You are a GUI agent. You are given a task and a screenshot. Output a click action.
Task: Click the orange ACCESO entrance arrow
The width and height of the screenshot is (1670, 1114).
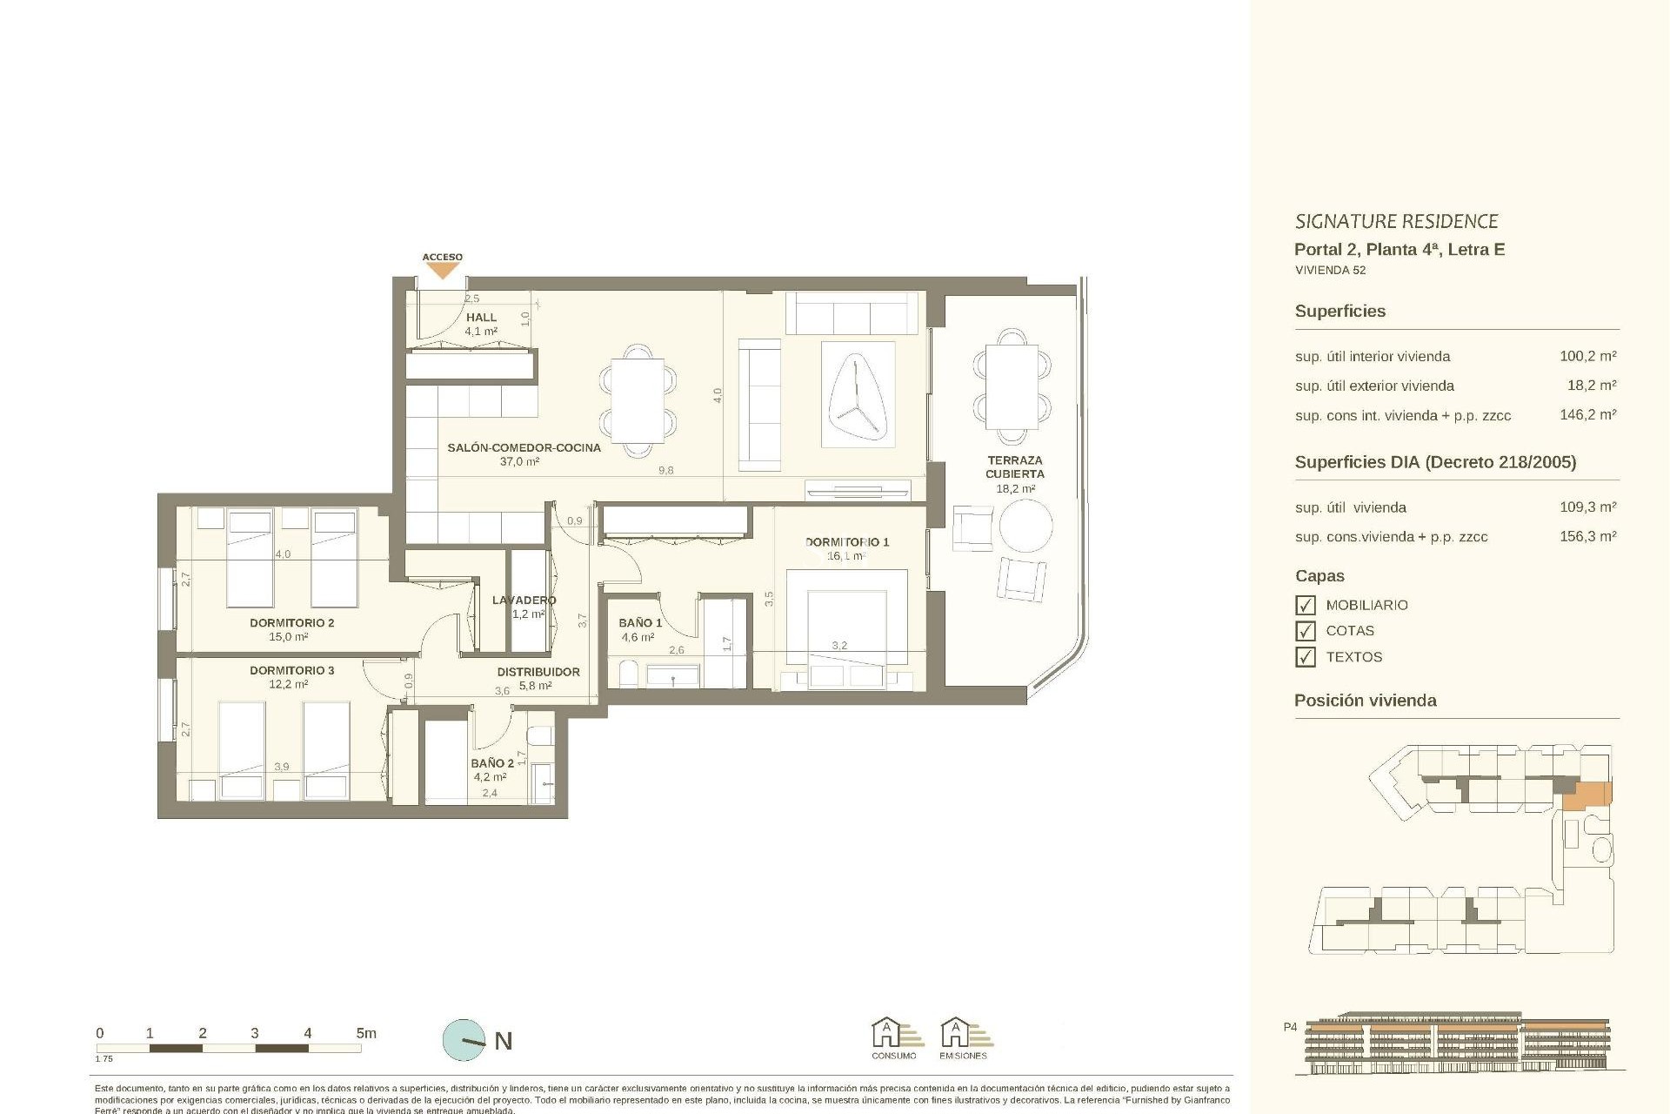coord(443,271)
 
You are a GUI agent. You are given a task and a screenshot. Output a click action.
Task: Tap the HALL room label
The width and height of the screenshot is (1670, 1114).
coord(481,318)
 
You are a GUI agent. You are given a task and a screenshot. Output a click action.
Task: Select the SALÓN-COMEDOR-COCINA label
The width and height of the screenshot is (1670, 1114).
coord(524,448)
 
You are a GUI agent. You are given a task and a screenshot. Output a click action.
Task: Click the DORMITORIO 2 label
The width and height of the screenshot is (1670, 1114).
coord(291,623)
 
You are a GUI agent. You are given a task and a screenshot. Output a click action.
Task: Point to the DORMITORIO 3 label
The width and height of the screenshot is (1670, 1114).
coord(291,671)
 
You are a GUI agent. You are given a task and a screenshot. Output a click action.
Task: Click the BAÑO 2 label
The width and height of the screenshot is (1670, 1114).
coord(492,763)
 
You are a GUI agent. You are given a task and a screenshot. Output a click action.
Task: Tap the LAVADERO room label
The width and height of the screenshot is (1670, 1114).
coord(524,601)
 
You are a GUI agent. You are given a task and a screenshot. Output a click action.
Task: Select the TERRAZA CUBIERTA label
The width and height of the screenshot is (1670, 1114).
coord(1014,467)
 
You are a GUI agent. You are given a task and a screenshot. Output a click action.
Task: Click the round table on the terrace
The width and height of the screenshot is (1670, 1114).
coord(1025,526)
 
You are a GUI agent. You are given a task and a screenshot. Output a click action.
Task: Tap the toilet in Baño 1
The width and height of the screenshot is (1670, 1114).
coord(627,674)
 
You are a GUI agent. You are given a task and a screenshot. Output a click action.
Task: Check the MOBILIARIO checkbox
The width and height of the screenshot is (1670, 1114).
coord(1305,605)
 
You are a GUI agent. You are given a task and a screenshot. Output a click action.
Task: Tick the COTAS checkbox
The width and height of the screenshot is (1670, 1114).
coord(1305,631)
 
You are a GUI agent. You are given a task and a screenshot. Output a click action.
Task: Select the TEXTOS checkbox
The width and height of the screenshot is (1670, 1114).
coord(1305,657)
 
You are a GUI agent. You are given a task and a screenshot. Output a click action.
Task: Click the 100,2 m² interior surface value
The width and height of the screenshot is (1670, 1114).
coord(1587,356)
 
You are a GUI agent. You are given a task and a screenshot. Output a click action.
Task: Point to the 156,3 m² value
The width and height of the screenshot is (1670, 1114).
coord(1587,537)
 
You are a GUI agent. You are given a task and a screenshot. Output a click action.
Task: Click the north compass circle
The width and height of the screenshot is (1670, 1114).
coord(464,1040)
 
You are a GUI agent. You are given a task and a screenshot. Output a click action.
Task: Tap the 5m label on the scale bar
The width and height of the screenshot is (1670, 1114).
coord(366,1034)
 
